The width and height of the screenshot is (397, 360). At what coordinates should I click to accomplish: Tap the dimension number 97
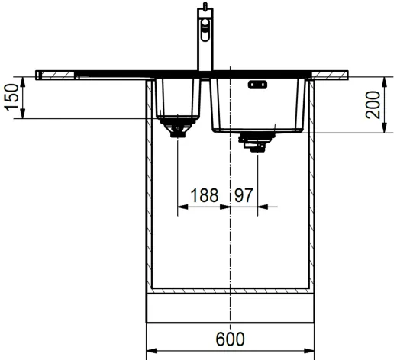[244, 195]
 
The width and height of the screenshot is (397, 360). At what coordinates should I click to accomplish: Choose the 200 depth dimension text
[372, 104]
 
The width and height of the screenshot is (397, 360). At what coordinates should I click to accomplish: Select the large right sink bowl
[260, 103]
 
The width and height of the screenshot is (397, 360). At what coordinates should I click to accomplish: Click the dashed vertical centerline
[230, 244]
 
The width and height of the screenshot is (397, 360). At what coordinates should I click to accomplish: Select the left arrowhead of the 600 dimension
[151, 351]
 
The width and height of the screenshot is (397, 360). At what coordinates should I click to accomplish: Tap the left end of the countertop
[40, 74]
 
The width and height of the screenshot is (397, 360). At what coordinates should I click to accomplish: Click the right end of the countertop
[345, 74]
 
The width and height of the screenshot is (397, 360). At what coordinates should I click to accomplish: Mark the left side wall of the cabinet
[149, 191]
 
